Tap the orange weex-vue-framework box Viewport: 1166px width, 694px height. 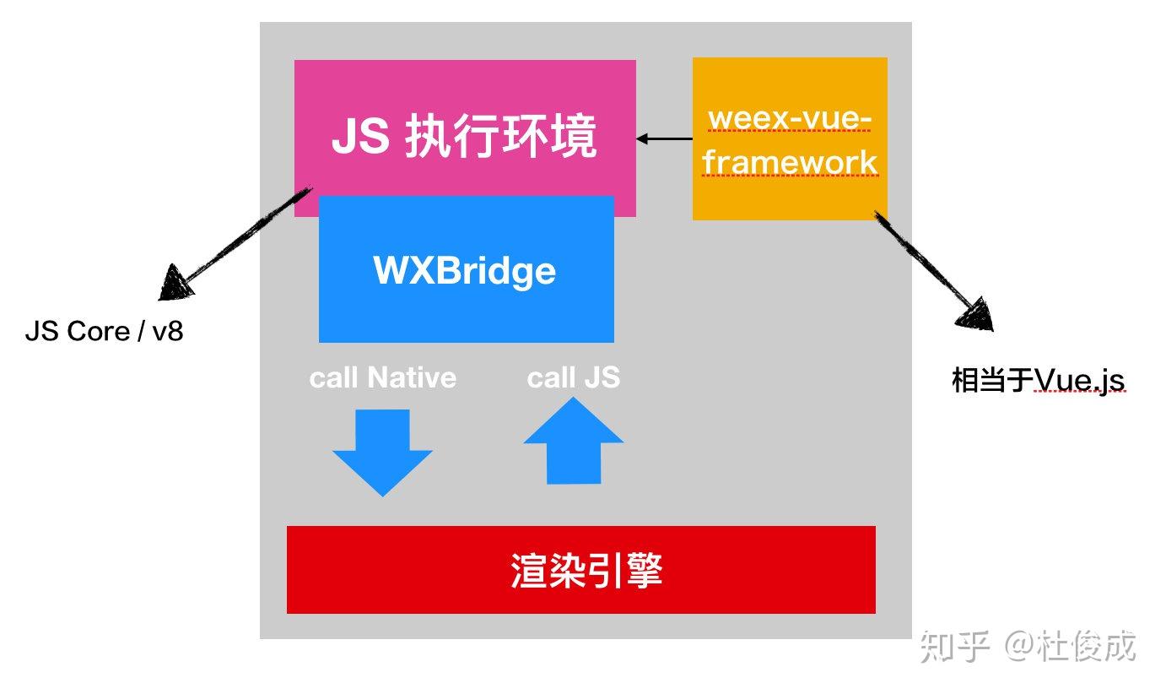[x=789, y=139]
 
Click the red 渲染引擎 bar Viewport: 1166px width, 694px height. [x=580, y=570]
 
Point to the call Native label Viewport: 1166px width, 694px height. [x=382, y=377]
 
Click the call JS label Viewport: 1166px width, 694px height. [x=574, y=377]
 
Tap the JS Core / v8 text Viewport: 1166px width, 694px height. [x=104, y=331]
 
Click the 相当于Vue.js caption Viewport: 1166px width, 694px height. [x=1038, y=381]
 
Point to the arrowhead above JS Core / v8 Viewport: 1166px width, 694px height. [x=175, y=283]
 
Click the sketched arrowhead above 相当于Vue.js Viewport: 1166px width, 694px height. [x=977, y=314]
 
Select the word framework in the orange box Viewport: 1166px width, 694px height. [x=791, y=162]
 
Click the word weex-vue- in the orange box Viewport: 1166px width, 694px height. [x=789, y=118]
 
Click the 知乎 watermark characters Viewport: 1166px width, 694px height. [x=954, y=647]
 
